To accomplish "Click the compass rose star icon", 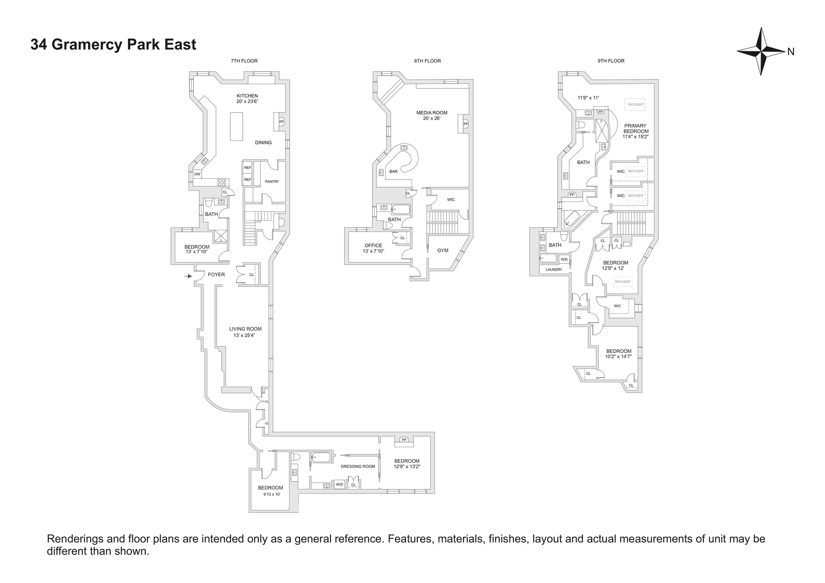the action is tap(761, 52).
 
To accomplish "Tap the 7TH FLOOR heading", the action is tap(244, 61).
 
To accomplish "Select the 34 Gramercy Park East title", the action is tap(113, 45).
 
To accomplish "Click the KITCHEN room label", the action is tap(247, 96).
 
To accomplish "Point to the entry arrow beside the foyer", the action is tap(188, 276).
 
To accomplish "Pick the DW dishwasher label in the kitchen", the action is tap(197, 174).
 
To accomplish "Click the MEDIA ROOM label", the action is tap(432, 113).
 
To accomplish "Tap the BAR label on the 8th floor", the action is tap(394, 171).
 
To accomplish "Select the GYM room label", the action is tap(443, 250).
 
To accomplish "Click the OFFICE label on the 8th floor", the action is tap(373, 246).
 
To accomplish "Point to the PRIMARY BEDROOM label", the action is tap(636, 128).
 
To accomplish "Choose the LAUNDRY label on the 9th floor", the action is tap(554, 270).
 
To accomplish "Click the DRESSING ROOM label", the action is tap(358, 467).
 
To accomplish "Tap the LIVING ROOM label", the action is tap(245, 329).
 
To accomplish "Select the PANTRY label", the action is tap(272, 182).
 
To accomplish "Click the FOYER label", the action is tap(217, 275).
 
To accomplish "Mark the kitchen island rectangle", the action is tap(236, 126).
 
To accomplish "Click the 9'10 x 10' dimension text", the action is tap(272, 494).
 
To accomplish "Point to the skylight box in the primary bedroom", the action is tap(636, 104).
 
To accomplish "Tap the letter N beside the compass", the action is tap(791, 52).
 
